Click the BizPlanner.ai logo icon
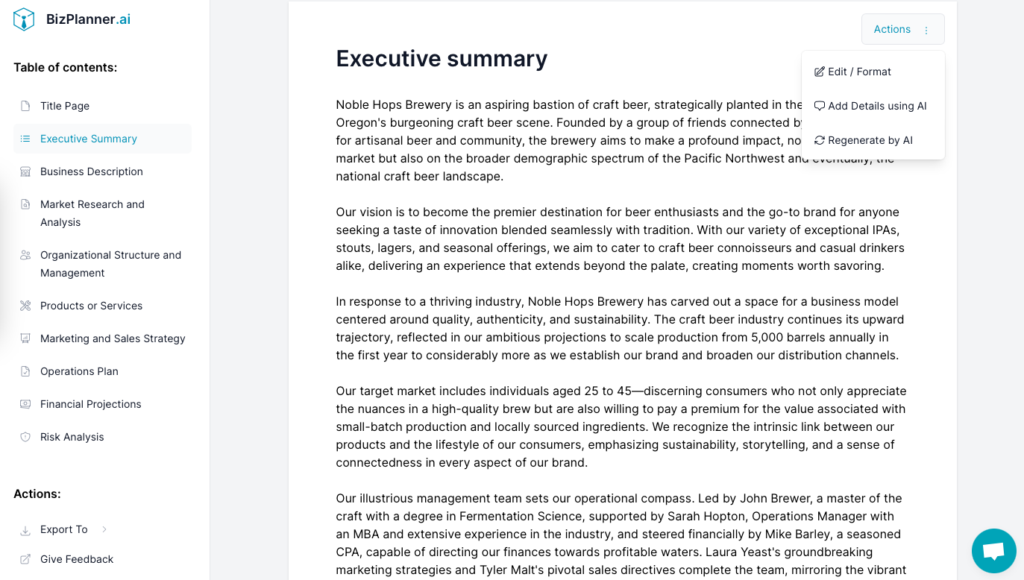point(24,19)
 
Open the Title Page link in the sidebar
point(65,106)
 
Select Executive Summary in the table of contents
point(89,139)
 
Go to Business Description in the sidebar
point(92,171)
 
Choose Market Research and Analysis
point(92,213)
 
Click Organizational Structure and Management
point(110,264)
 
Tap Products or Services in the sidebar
point(91,306)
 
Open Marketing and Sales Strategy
point(113,338)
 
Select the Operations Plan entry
point(79,371)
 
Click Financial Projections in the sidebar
point(91,404)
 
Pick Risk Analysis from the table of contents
point(72,437)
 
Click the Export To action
point(64,529)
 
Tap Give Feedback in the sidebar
point(77,559)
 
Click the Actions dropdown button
point(902,29)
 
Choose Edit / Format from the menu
point(859,72)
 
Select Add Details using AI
point(877,106)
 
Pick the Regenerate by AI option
point(870,140)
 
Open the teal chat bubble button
point(993,551)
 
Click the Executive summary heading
point(442,58)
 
